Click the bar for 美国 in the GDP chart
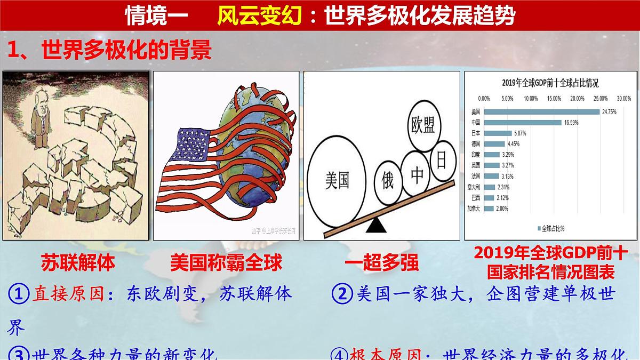tap(541, 112)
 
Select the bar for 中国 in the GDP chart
tap(522, 123)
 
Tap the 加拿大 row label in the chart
tap(473, 209)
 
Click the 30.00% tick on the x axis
tap(623, 99)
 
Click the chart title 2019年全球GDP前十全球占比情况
tap(550, 83)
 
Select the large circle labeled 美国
tap(338, 180)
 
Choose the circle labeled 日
tap(441, 160)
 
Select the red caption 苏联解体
tap(78, 262)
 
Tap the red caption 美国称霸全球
tap(226, 262)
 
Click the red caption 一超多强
tap(381, 263)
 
